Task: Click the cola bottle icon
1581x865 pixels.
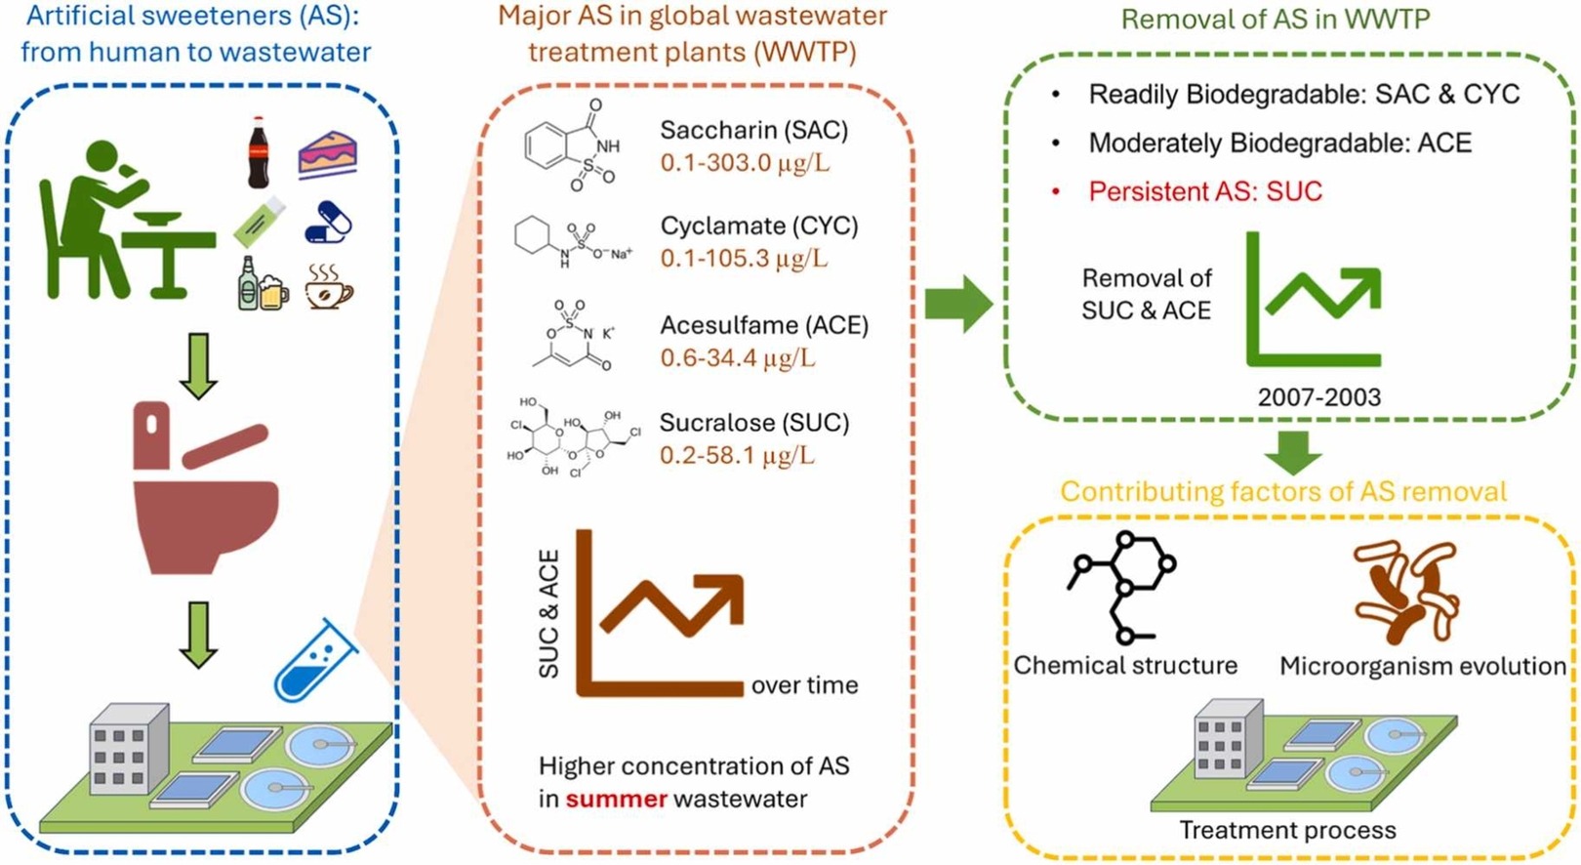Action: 258,152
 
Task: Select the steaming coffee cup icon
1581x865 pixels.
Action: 328,286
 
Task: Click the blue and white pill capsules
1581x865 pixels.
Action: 328,222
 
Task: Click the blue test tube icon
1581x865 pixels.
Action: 314,661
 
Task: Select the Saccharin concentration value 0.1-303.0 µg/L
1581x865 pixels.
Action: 745,162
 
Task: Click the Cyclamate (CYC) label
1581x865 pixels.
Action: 759,226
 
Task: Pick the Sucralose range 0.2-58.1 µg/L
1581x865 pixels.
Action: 737,455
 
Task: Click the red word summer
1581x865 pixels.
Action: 616,799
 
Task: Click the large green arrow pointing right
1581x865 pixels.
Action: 957,304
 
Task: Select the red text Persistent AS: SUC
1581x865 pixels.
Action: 1205,191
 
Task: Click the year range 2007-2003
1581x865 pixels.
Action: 1318,397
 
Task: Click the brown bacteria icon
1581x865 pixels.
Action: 1406,593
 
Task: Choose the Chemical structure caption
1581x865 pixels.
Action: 1125,666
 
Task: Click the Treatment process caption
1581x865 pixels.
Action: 1287,831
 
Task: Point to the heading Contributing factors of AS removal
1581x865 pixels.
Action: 1283,492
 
